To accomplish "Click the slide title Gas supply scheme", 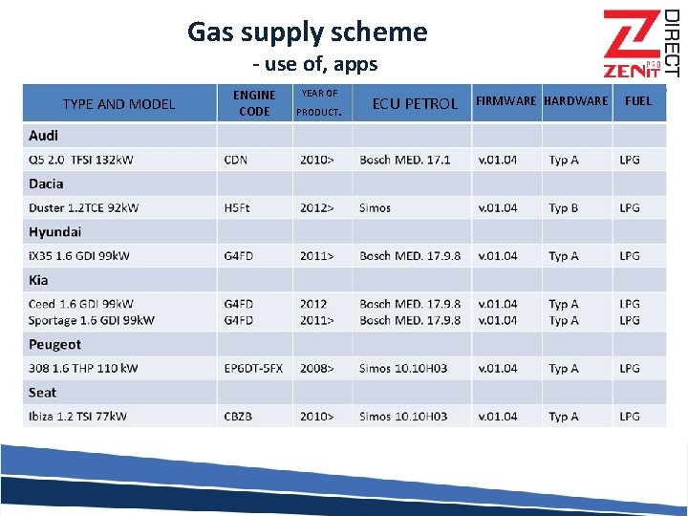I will click(307, 32).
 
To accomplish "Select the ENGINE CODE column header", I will click(254, 103).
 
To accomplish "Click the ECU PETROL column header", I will click(415, 103).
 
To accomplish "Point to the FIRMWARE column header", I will click(505, 100).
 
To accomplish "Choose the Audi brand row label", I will click(44, 136).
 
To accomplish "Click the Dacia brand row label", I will click(46, 183).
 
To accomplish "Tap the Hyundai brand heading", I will click(54, 232).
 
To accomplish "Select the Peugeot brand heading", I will click(54, 344).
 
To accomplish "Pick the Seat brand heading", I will click(42, 393).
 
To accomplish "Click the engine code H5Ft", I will click(237, 207).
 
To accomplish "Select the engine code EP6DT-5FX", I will click(253, 368).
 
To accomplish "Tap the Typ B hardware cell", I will click(564, 207).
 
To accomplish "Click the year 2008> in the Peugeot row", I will click(317, 368).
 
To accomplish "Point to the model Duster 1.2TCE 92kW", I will click(83, 207).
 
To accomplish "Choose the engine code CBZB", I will click(238, 417).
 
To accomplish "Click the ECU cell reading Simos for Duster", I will click(375, 207).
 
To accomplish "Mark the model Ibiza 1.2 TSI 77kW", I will click(77, 417).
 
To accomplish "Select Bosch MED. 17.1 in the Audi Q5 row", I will click(405, 160).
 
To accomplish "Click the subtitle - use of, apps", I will click(315, 65).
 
